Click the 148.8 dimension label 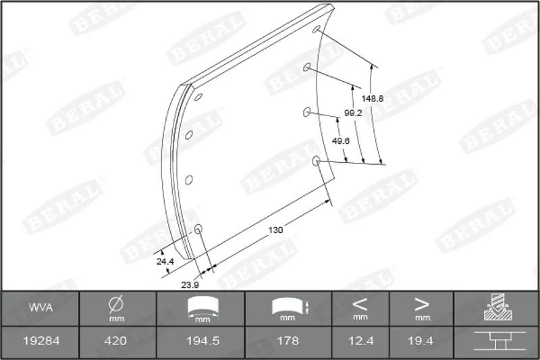373,99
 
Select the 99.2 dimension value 353,113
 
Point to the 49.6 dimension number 341,141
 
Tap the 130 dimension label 275,230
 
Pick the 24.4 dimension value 165,261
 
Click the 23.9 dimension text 190,285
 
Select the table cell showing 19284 41,341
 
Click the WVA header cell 41,307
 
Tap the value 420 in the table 115,341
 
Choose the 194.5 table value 203,341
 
